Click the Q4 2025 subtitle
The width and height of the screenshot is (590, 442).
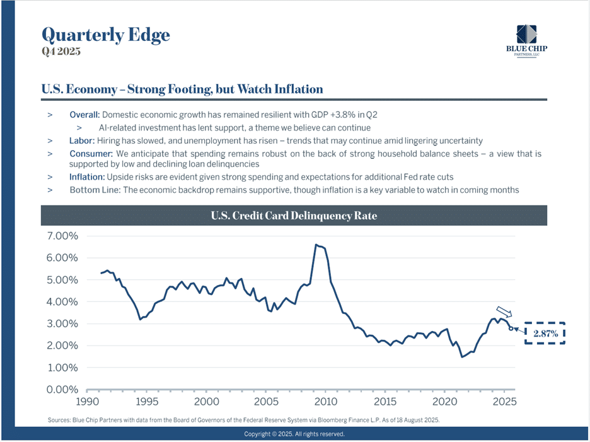tap(61, 51)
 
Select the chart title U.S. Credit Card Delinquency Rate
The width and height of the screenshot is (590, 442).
tap(294, 216)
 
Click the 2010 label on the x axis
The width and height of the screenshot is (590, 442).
tap(325, 402)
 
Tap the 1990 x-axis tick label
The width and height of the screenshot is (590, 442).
tap(87, 402)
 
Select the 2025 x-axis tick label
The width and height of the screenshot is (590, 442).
tap(504, 402)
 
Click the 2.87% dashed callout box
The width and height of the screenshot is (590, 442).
tap(545, 334)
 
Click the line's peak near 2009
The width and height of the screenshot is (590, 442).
tap(316, 245)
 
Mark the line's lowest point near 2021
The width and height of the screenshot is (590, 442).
tap(462, 357)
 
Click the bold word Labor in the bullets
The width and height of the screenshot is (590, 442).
tap(81, 141)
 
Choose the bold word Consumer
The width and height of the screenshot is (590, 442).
tap(91, 154)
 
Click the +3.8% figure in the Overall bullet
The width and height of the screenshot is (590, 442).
tap(354, 115)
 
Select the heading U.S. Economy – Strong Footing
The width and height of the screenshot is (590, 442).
tap(182, 89)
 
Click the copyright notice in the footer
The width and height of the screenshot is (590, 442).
tap(294, 434)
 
